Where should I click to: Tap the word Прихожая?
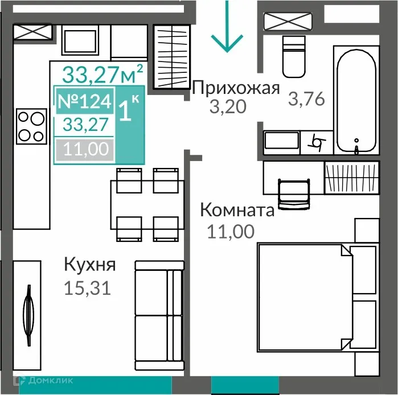(236, 88)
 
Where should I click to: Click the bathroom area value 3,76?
(306, 99)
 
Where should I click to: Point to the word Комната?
(237, 211)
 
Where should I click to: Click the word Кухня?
(90, 265)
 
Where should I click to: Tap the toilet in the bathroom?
(296, 57)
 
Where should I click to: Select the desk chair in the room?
(294, 194)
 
